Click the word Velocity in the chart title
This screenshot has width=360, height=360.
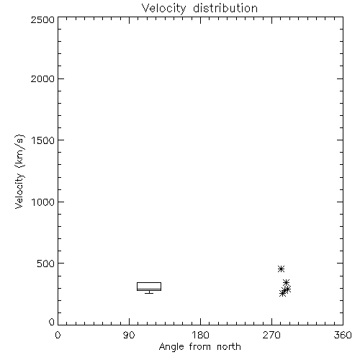click(x=163, y=9)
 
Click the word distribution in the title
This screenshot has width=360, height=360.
click(x=225, y=8)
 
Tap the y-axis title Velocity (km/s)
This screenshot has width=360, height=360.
click(x=19, y=171)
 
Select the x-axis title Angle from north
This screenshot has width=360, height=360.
click(x=199, y=346)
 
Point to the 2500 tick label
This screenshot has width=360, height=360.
click(x=42, y=19)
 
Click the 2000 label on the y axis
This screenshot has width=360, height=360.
click(x=42, y=78)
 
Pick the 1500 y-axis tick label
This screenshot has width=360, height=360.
click(x=43, y=140)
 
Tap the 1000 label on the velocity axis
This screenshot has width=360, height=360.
click(x=43, y=202)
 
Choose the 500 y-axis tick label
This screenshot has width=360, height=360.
click(x=46, y=264)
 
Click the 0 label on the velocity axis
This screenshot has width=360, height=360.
click(x=52, y=322)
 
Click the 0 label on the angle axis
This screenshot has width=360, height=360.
click(x=58, y=335)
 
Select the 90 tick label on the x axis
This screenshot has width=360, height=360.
click(x=129, y=335)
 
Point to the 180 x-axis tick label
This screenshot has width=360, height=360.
click(x=200, y=335)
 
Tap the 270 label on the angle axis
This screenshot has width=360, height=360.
click(x=271, y=335)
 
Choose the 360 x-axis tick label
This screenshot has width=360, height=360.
click(x=343, y=335)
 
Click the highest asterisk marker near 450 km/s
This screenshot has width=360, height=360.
click(x=281, y=269)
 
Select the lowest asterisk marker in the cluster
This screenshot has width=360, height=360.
click(x=283, y=293)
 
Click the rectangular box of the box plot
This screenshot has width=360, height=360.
click(x=149, y=283)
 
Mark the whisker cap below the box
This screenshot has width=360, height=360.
click(x=149, y=293)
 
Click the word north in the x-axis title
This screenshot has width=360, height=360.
click(x=229, y=346)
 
